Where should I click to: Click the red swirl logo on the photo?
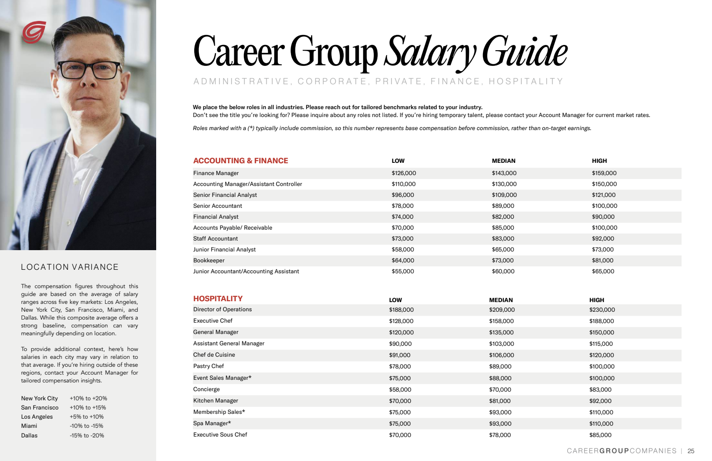34,32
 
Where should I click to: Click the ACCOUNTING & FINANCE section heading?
240,161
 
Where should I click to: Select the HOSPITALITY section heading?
218,299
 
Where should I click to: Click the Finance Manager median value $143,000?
504,173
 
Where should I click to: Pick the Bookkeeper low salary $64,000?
403,261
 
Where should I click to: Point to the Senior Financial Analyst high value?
603,195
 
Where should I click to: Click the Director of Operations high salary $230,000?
602,310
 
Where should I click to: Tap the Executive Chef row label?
213,321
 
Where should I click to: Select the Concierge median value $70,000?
500,389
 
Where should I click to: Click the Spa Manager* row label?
212,423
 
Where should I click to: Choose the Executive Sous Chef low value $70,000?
400,435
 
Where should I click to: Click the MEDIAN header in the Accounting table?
503,161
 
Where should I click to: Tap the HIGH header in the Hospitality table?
596,300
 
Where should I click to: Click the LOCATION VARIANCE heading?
70,267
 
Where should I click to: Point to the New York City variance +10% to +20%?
88,399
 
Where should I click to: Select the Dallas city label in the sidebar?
29,435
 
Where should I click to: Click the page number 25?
691,451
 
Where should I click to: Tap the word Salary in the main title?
430,52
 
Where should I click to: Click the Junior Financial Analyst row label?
224,250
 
